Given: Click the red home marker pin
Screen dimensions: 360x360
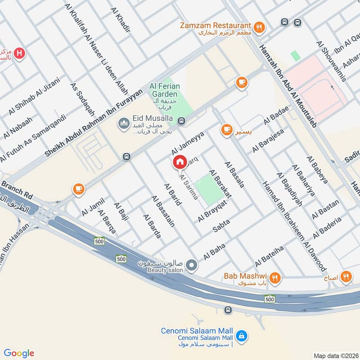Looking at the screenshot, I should click(x=180, y=162).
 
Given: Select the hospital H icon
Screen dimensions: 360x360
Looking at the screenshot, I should click(x=19, y=54).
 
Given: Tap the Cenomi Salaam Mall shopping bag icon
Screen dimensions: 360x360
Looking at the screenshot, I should click(x=242, y=335).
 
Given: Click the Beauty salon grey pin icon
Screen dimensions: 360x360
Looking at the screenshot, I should click(x=192, y=265).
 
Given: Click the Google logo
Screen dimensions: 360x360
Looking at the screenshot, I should click(x=19, y=353).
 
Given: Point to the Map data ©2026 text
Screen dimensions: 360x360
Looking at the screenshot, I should click(x=335, y=355).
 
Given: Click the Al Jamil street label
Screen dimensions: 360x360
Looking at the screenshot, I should click(x=93, y=206).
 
